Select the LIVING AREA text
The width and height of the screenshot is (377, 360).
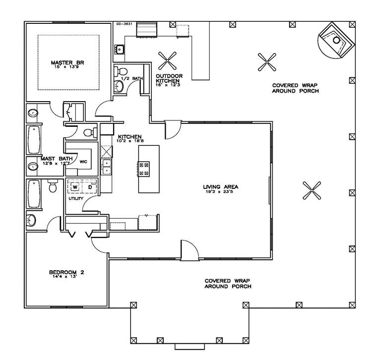[x=221, y=187]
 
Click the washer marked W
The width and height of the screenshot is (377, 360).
[x=75, y=187]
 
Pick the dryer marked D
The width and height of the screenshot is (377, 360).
[x=90, y=187]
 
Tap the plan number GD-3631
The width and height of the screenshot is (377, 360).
[x=123, y=23]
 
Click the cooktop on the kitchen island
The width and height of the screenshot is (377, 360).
[x=144, y=169]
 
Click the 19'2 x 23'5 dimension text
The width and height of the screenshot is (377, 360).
[x=221, y=192]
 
